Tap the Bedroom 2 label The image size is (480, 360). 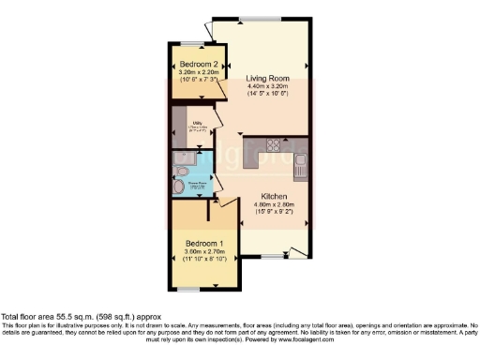pyautogui.click(x=192, y=63)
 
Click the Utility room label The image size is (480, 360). pyautogui.click(x=199, y=121)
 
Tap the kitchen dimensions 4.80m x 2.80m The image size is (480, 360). pyautogui.click(x=278, y=204)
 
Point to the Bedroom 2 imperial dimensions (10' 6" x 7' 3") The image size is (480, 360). pyautogui.click(x=192, y=80)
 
